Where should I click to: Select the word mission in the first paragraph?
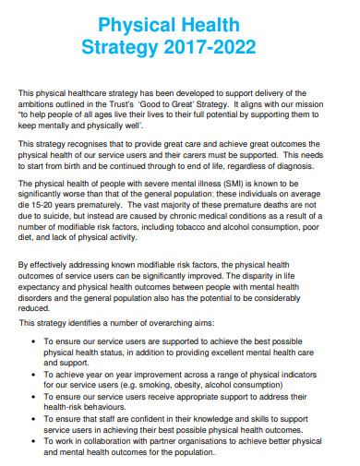[323, 102]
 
